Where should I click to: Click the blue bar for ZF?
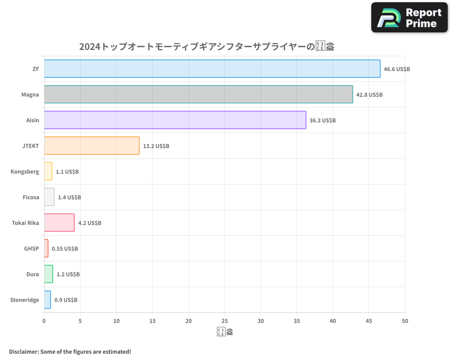coord(212,69)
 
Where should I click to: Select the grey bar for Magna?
coord(198,94)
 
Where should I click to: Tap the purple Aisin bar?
coord(175,120)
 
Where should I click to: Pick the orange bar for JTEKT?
coord(92,146)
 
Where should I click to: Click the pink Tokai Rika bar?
coord(59,223)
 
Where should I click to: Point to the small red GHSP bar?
coord(46,248)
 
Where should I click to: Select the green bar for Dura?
coord(49,274)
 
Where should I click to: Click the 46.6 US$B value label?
coord(396,69)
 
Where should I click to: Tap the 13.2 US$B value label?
coord(156,146)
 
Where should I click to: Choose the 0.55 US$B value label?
coord(65,249)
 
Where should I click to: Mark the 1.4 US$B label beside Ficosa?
coord(69,198)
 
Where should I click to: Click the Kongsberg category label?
coord(25,172)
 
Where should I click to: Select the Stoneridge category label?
coord(24,300)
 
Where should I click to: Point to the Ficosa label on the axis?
coord(31,198)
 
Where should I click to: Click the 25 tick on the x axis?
coord(225,321)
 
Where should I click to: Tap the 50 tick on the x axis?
coord(405,321)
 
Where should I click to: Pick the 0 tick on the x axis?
coord(44,321)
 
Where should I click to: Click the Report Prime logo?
coord(409,18)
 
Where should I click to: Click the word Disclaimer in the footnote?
coord(23,351)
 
